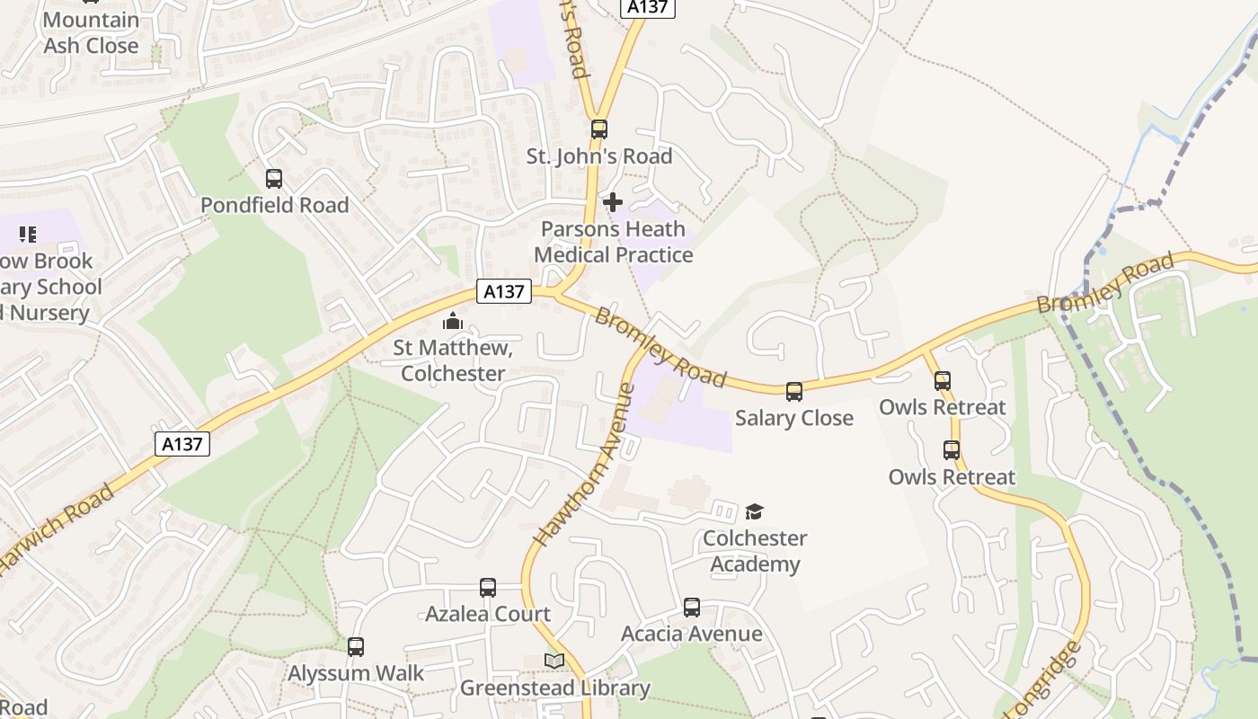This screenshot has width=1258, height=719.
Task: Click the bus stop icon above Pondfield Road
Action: point(274,179)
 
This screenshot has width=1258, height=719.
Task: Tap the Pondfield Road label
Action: point(274,206)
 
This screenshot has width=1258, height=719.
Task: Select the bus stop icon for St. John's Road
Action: point(599,129)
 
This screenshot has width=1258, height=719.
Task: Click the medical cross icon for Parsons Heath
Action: point(613,202)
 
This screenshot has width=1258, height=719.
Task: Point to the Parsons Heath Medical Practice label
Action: point(614,242)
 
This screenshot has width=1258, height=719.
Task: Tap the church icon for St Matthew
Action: point(453,321)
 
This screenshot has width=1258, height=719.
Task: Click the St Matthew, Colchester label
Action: point(453,360)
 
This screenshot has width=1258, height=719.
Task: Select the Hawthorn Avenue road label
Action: point(585,465)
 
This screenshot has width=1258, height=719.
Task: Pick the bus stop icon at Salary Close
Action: point(794,392)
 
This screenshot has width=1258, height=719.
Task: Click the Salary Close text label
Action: point(794,418)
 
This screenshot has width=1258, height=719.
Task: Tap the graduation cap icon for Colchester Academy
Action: point(754,512)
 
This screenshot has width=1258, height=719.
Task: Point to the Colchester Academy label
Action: point(755,551)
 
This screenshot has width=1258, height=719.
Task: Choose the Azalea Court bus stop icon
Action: point(488,588)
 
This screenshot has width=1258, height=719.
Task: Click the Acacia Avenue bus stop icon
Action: point(692,608)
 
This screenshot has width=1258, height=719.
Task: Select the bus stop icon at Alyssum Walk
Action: point(356,647)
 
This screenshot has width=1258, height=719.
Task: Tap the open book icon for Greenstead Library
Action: point(554,661)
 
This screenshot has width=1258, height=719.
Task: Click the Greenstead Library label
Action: point(554,688)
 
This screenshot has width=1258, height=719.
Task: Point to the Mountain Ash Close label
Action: point(91,32)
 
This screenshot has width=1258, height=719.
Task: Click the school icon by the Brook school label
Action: point(28,235)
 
